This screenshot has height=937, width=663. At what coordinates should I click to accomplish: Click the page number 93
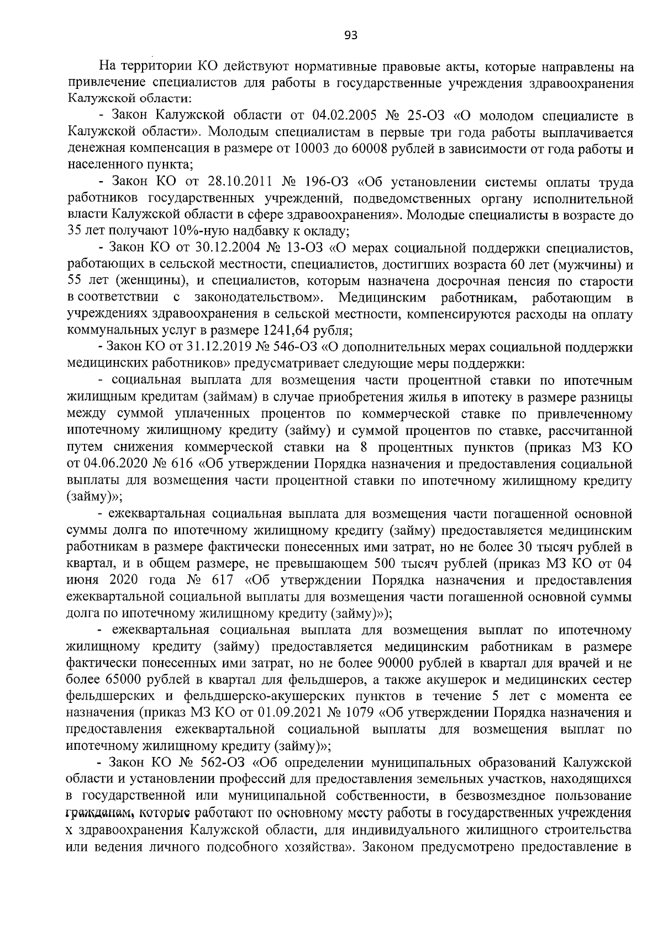click(351, 35)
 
